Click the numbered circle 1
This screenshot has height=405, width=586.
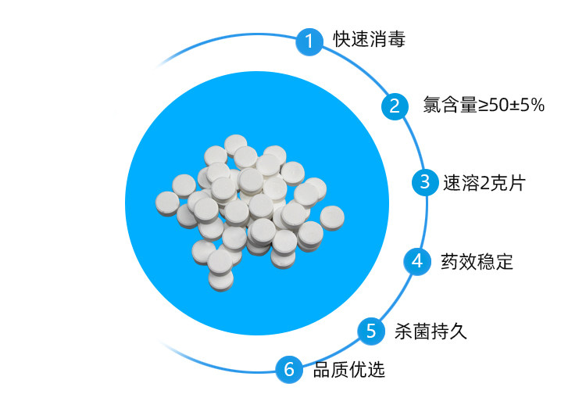pyautogui.click(x=309, y=41)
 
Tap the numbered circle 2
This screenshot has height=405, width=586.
pyautogui.click(x=395, y=106)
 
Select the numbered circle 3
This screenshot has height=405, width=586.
pyautogui.click(x=425, y=182)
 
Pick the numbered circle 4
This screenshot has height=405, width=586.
pyautogui.click(x=417, y=260)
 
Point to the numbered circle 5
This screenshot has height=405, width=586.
pyautogui.click(x=371, y=330)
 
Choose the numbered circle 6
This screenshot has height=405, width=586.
pyautogui.click(x=289, y=368)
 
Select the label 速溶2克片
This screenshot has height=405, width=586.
pyautogui.click(x=484, y=183)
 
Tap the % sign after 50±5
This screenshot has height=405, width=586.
pyautogui.click(x=536, y=106)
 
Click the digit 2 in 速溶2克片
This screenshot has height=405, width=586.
pyautogui.click(x=482, y=184)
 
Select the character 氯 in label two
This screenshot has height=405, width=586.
pyautogui.click(x=431, y=106)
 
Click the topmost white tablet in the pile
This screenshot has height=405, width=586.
pyautogui.click(x=235, y=144)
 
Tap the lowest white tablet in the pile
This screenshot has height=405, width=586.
pyautogui.click(x=221, y=279)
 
